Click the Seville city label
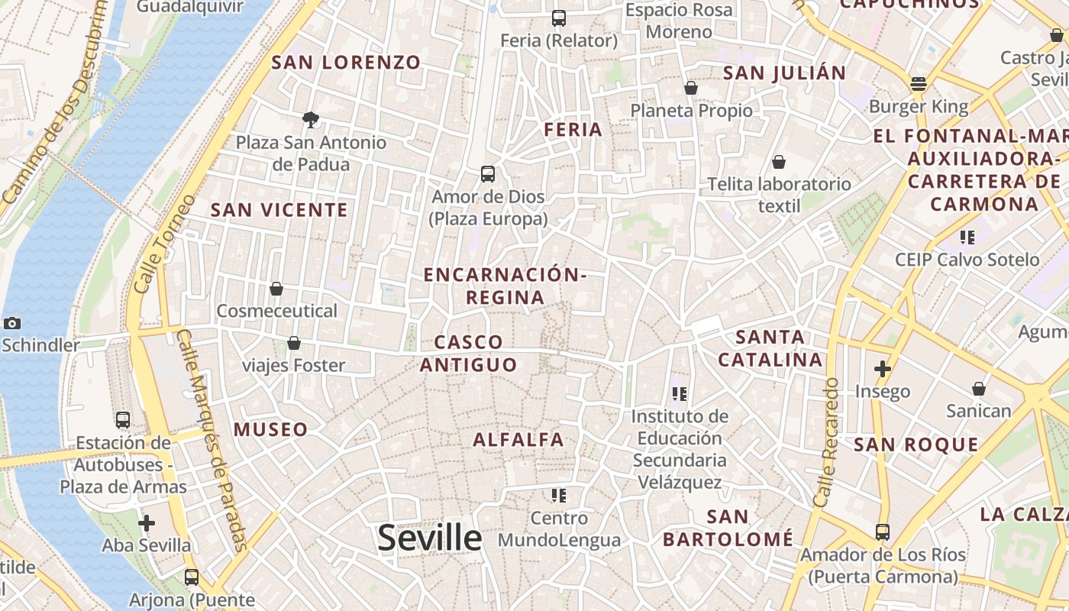pos(430,538)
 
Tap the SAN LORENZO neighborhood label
pos(346,63)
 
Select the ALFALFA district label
pos(518,439)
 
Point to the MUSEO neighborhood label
pos(271,429)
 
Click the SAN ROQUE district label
pos(916,445)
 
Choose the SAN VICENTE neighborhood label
pos(279,210)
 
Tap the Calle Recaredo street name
pos(827,442)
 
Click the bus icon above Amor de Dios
pos(488,174)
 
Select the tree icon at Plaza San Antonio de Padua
pos(310,119)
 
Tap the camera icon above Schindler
pos(11,323)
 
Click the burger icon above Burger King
pos(919,83)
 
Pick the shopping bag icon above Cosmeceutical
pos(276,289)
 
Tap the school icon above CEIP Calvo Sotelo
pos(967,238)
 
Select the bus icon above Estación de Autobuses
pos(123,420)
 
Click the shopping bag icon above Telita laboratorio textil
pos(779,162)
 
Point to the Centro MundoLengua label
pos(559,529)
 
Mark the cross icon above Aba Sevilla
pos(146,523)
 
